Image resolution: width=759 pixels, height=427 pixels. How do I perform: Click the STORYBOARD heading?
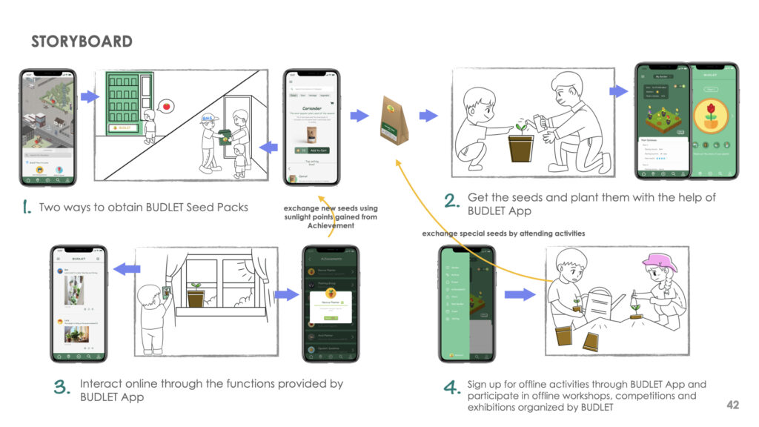[x=82, y=42]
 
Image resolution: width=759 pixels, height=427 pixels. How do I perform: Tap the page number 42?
[x=732, y=406]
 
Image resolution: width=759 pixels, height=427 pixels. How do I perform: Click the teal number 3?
[x=62, y=387]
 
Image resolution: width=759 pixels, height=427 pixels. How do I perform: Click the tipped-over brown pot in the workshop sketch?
[x=591, y=342]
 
